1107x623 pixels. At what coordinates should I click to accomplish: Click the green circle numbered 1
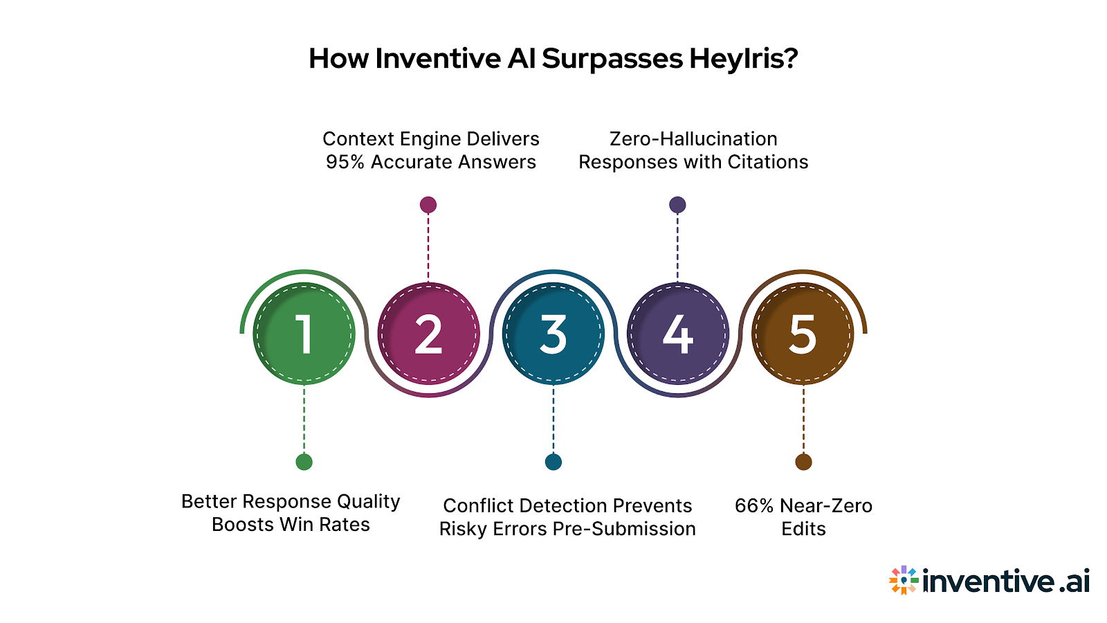pos(304,334)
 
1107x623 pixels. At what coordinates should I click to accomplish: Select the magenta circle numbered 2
pos(429,334)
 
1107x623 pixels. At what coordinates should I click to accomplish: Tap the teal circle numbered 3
pos(553,334)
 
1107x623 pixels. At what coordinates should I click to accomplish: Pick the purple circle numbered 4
pos(678,334)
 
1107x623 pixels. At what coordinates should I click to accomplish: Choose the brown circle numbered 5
pos(803,334)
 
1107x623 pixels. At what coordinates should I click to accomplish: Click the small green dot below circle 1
pos(304,462)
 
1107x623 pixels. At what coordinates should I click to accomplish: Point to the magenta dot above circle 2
pos(428,205)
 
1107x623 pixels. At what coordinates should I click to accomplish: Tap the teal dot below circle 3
pos(553,462)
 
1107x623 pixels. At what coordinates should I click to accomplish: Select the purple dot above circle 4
pos(677,205)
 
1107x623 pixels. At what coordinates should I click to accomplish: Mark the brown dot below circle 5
pos(803,462)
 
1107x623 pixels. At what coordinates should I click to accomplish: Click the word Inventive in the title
pos(437,59)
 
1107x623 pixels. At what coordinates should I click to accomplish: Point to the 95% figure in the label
pos(345,162)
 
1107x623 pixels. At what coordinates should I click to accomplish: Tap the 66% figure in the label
pos(753,506)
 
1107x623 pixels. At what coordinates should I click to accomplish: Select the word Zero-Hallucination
pos(693,139)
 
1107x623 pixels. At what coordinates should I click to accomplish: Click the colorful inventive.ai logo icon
pos(904,580)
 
